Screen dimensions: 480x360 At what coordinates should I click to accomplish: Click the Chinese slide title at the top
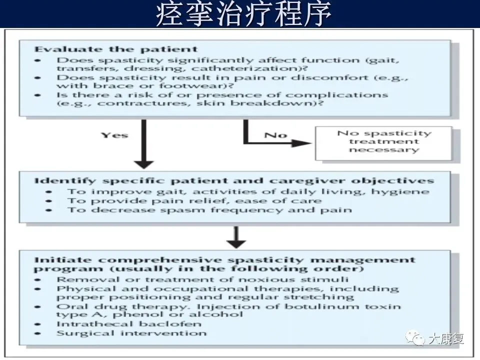(x=243, y=14)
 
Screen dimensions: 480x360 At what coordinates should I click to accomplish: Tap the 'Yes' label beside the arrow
(x=114, y=135)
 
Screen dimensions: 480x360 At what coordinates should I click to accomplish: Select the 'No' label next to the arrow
(x=276, y=135)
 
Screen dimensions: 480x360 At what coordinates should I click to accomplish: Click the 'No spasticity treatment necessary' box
(x=383, y=141)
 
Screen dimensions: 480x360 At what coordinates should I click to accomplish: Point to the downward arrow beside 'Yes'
(x=143, y=145)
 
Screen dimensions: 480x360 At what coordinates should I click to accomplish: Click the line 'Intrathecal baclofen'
(x=128, y=324)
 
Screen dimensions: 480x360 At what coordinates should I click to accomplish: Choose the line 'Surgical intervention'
(x=131, y=333)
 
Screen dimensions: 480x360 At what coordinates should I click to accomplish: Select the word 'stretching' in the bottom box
(x=325, y=297)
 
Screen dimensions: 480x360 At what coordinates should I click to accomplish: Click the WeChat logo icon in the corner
(x=415, y=339)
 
